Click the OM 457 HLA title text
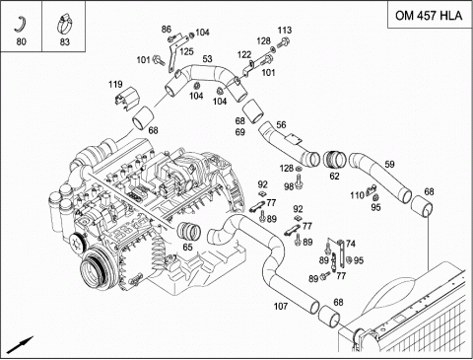tap(429, 16)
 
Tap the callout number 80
tap(21, 41)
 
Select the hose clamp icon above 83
tap(64, 24)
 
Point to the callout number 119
tap(115, 85)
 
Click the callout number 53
tap(207, 59)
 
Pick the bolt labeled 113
tap(284, 42)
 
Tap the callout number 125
tap(186, 51)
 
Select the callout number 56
tap(281, 124)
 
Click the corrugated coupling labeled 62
tap(334, 160)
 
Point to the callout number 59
tap(389, 164)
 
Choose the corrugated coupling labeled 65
tap(189, 232)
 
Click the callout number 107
tap(281, 306)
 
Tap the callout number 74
tap(351, 244)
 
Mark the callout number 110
tap(358, 195)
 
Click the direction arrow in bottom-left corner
tap(20, 345)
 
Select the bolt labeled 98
tap(299, 181)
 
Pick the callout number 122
tap(244, 54)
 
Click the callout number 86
tap(167, 30)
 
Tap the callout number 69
tap(240, 132)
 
